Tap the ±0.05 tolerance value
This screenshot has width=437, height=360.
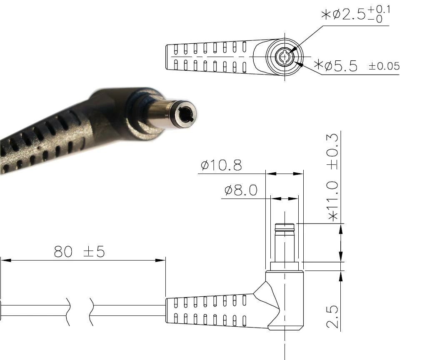click(x=385, y=66)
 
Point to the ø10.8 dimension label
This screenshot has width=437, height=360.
click(x=221, y=165)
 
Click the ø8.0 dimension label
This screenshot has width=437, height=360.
click(x=241, y=191)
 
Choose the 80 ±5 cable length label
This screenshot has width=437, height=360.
click(x=80, y=251)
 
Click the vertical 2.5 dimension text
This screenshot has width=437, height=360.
click(x=332, y=317)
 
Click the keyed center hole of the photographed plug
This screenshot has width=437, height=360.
click(x=185, y=114)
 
